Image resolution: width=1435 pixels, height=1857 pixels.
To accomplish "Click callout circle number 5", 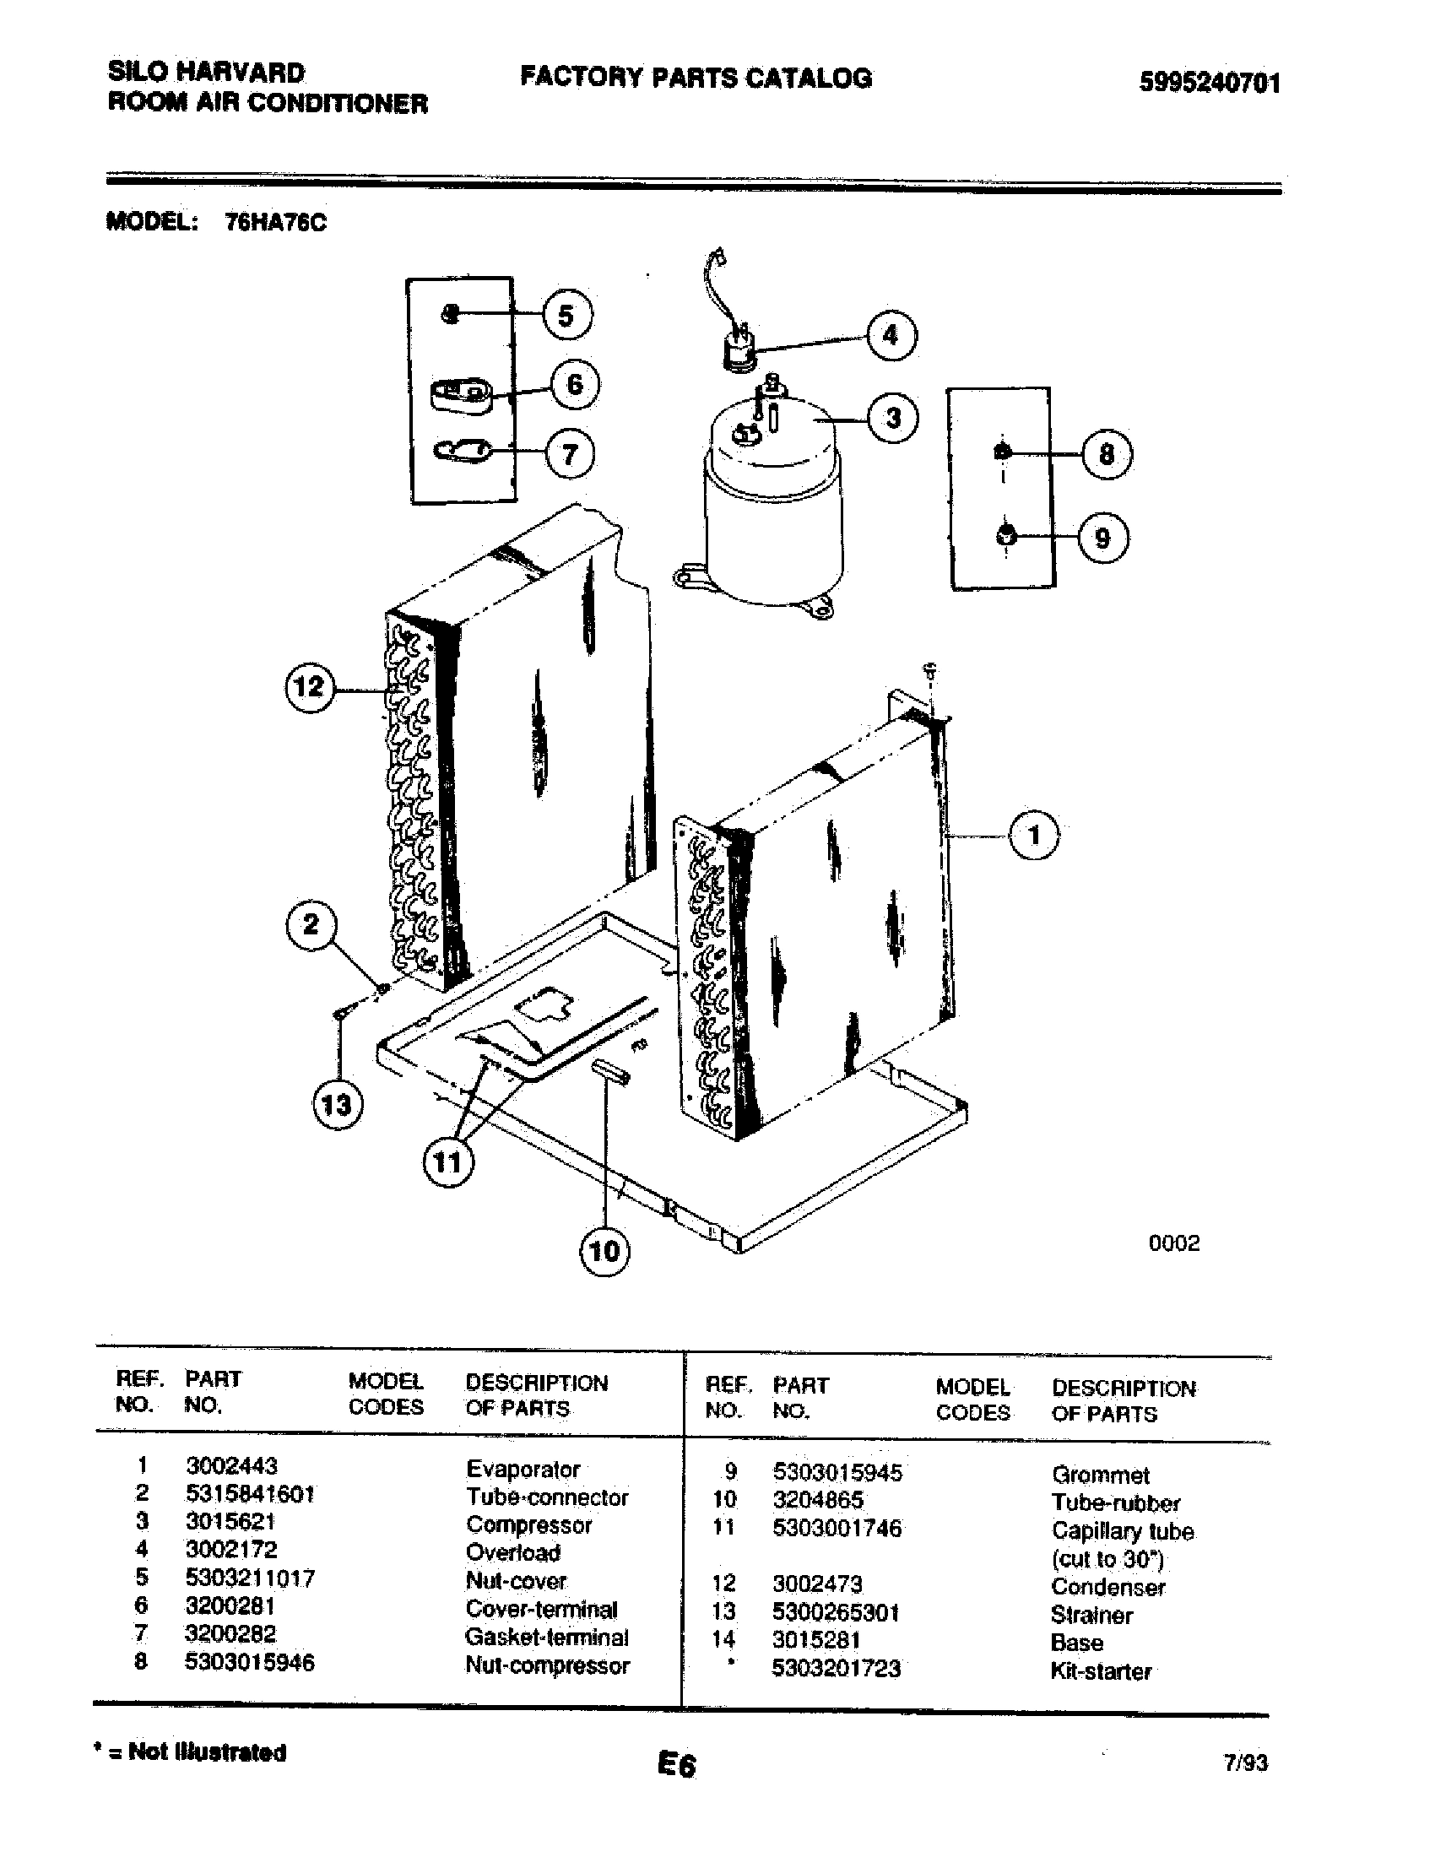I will [567, 316].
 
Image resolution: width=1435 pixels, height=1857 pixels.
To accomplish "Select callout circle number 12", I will [310, 686].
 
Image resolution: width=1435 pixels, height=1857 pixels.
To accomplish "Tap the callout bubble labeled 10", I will [604, 1251].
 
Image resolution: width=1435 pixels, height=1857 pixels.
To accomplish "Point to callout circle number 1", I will [1034, 835].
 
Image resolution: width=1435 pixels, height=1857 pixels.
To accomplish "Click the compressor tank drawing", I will [771, 510].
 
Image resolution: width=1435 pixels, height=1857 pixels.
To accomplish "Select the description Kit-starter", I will [1100, 1670].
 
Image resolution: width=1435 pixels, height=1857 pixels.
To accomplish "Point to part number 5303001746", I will [837, 1528].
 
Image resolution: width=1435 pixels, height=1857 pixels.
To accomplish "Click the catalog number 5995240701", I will [1209, 83].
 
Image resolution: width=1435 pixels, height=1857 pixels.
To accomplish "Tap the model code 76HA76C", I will [274, 223].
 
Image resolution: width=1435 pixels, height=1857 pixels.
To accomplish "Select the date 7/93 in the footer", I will [1245, 1762].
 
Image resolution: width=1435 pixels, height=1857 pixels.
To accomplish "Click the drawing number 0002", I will [1173, 1243].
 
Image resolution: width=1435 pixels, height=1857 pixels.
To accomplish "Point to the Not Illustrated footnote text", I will [190, 1751].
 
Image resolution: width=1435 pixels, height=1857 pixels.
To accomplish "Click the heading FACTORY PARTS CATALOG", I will [696, 78].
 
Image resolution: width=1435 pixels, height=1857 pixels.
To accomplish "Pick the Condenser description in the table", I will [1107, 1587].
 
